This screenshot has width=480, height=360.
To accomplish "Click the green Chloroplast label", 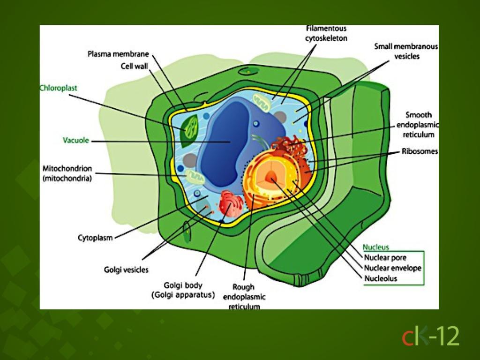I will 59,88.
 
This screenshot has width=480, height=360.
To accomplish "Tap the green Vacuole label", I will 76,140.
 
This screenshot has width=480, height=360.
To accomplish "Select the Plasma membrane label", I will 118,54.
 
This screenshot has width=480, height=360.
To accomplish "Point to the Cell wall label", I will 134,66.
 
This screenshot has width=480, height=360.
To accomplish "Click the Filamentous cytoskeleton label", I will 326,33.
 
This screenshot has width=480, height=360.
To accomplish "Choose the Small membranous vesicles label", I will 406,52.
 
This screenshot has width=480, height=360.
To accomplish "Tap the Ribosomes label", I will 420,151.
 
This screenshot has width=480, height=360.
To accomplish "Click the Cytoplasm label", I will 95,238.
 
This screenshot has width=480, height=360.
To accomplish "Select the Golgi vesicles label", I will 126,270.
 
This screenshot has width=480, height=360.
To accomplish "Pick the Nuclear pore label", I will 385,257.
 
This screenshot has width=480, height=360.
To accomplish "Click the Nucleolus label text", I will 381,278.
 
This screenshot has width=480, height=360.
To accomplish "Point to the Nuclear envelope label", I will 393,268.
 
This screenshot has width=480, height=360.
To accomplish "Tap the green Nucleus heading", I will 376,247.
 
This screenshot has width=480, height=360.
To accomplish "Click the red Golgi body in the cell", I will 231,203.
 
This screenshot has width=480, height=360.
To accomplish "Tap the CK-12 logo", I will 430,336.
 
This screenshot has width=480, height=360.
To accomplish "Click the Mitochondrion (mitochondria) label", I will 67,173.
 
